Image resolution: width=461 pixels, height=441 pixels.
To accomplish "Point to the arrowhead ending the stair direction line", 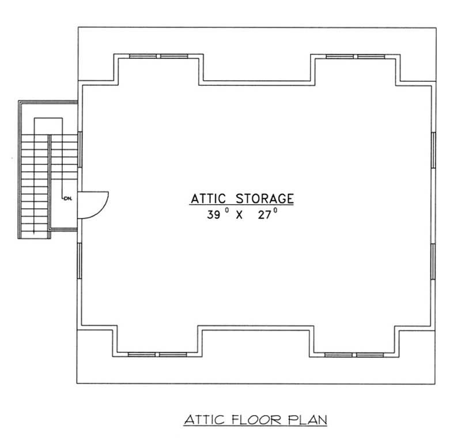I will tap(36, 231).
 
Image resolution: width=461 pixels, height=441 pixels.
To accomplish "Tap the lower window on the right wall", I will tap(433, 262).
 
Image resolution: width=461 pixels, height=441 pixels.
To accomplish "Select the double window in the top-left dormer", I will tap(159, 56).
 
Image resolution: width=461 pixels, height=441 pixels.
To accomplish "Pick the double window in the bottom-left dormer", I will tap(159, 353).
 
